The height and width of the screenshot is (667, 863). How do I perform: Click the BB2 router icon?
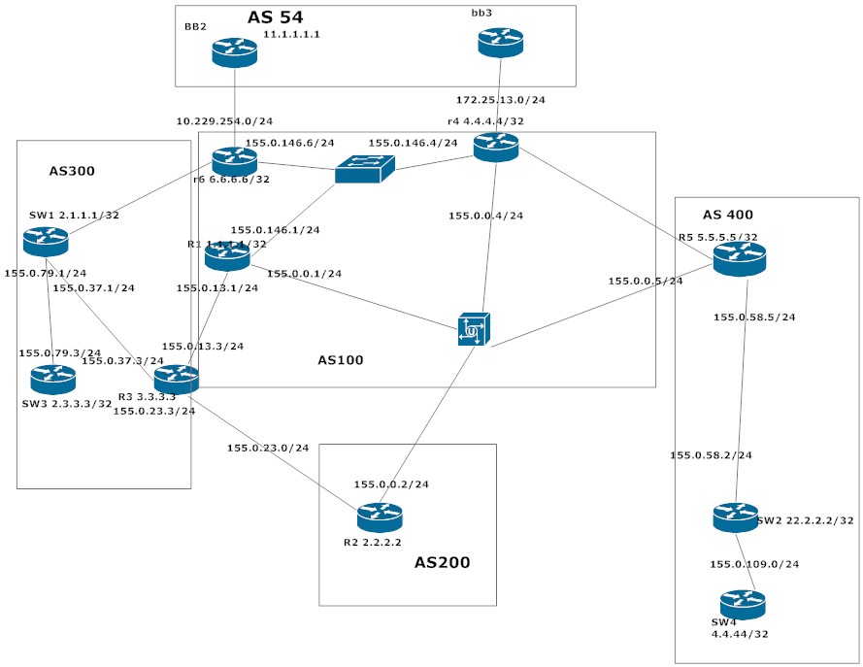[x=235, y=52]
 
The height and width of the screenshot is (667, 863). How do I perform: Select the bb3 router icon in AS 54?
[x=500, y=42]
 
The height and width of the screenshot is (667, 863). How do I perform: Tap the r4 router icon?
[x=496, y=147]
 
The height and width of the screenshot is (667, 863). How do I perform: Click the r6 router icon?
[x=234, y=162]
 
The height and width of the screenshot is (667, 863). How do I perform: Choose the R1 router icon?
[x=227, y=256]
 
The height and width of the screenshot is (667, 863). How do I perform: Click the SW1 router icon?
[x=46, y=241]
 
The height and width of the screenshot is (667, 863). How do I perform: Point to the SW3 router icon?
[x=52, y=379]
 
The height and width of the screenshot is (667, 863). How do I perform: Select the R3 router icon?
[x=176, y=380]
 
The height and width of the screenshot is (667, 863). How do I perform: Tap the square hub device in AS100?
[x=474, y=329]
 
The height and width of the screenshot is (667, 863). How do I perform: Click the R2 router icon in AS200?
[x=380, y=517]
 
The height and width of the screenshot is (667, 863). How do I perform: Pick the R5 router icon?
[x=740, y=258]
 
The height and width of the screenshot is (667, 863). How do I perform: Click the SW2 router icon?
[x=735, y=517]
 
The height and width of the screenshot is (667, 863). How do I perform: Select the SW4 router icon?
[x=743, y=605]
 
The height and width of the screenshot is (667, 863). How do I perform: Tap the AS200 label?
[x=442, y=562]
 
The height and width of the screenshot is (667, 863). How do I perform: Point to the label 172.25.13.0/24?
[x=500, y=100]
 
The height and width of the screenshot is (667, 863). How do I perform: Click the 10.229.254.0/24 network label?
[x=224, y=121]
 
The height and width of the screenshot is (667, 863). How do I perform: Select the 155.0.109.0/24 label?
[x=754, y=564]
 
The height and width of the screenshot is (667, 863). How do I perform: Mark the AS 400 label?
[x=727, y=215]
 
